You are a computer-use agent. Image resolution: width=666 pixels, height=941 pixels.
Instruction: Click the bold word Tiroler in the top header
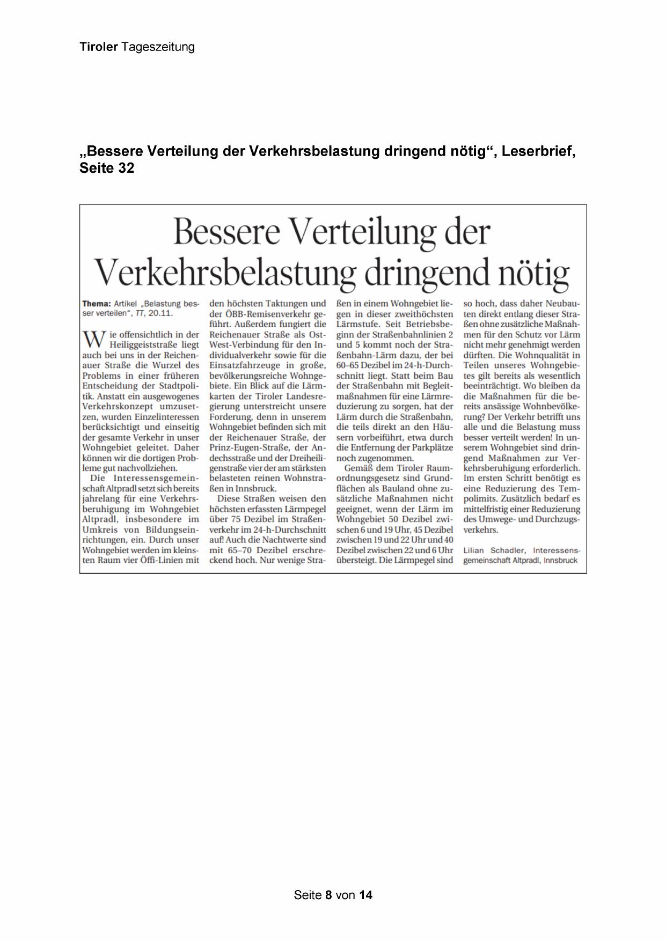[98, 47]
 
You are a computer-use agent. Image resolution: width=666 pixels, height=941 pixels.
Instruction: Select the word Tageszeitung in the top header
[158, 47]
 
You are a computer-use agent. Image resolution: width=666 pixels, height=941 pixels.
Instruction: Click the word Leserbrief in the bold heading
[538, 151]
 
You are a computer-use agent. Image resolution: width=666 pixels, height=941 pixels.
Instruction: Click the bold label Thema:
[97, 304]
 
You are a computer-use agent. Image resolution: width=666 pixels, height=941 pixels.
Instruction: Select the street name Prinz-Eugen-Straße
[248, 447]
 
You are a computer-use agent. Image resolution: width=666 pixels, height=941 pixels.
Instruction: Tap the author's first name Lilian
[474, 550]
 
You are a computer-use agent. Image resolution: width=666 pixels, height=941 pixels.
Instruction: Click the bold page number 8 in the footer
[328, 895]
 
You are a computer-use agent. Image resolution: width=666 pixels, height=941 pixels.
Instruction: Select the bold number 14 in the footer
[366, 895]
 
